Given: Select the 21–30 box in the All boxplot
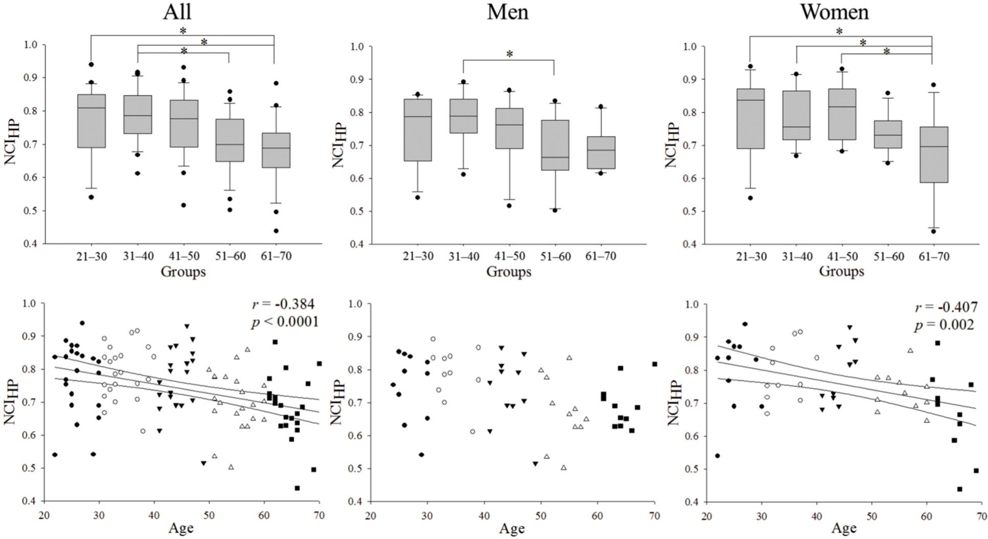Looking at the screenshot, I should tap(91, 121).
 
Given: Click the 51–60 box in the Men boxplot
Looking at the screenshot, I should tap(555, 145).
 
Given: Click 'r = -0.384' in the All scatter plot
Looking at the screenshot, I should tap(283, 304).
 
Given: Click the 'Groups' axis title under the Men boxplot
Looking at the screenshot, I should tap(509, 271).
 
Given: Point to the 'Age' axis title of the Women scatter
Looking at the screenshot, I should tap(844, 528).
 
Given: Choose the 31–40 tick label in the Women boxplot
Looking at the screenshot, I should tap(797, 256).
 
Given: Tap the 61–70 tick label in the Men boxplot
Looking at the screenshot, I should tap(600, 256).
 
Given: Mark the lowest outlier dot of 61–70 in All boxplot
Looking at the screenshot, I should tap(276, 231).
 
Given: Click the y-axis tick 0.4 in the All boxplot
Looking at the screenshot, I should tap(32, 244).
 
